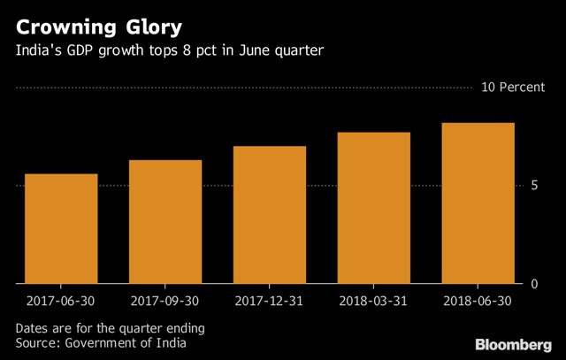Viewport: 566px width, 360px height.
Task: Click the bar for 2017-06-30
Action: [x=61, y=228]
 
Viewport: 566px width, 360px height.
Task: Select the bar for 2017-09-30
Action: [x=165, y=222]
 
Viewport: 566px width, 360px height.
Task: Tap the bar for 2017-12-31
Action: [x=270, y=215]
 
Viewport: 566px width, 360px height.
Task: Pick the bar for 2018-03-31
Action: [x=374, y=208]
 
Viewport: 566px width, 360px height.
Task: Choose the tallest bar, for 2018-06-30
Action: [x=478, y=203]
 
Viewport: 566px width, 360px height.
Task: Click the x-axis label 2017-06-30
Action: [x=61, y=301]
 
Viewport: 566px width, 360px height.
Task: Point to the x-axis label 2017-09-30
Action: [x=165, y=301]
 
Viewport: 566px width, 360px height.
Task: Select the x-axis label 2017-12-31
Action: [x=269, y=301]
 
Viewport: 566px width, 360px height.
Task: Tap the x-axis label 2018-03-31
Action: [x=373, y=301]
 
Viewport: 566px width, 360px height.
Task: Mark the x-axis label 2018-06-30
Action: [x=478, y=301]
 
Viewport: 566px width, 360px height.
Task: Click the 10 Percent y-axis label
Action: [x=513, y=87]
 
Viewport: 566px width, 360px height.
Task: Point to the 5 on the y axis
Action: [x=534, y=186]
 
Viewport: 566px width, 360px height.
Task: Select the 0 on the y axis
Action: [x=534, y=284]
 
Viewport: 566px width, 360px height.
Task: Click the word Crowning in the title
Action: [x=66, y=28]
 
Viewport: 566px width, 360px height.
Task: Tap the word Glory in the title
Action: [x=154, y=28]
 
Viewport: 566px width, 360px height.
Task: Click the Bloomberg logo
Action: [x=514, y=345]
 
